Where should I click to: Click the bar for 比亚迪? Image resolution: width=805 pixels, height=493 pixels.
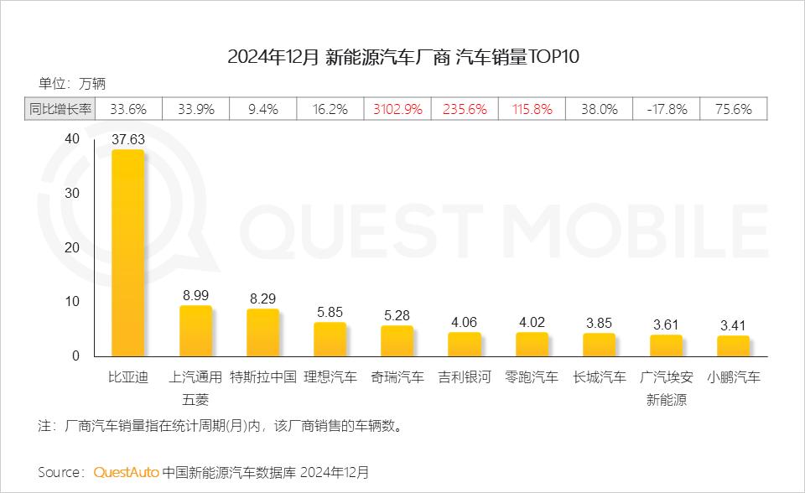click(128, 252)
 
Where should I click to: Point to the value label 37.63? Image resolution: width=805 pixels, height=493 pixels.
click(128, 140)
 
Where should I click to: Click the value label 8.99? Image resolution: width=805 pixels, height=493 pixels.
click(195, 295)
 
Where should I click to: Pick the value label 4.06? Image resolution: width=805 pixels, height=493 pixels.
click(465, 321)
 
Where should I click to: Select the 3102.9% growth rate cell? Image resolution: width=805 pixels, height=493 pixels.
click(397, 109)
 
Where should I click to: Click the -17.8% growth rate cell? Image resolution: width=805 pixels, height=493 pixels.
click(667, 109)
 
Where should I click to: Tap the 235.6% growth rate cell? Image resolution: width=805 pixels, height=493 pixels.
click(465, 109)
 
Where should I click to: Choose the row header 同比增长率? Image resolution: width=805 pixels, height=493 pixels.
click(60, 109)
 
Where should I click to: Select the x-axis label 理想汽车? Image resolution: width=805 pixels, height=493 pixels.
click(330, 377)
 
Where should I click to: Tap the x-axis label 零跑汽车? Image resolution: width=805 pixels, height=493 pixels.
click(532, 377)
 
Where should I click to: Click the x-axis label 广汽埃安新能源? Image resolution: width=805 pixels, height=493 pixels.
click(667, 388)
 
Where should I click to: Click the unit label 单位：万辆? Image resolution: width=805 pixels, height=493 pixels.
click(72, 83)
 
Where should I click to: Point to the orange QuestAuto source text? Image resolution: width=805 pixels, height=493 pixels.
click(126, 472)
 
